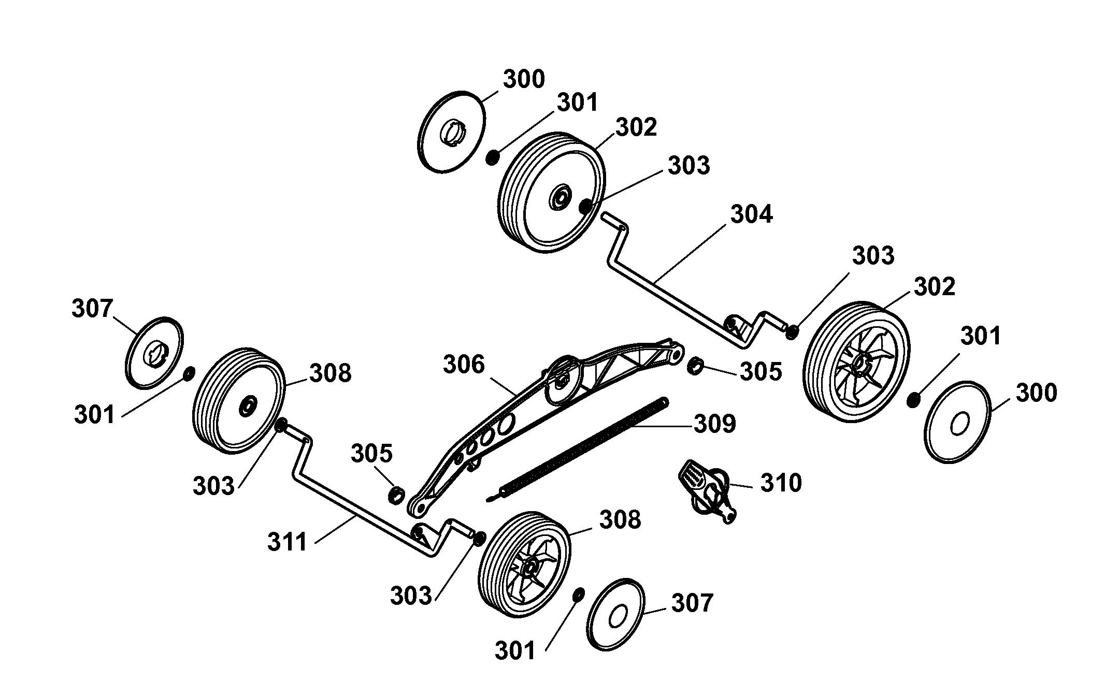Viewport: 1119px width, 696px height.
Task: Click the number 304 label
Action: point(751,214)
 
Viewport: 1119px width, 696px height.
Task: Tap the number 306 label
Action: point(464,365)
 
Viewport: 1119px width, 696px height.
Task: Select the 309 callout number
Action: point(715,424)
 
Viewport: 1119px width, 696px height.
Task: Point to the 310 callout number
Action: point(781,483)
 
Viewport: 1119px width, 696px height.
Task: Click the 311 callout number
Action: point(288,542)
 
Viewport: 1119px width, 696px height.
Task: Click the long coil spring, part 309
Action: point(578,449)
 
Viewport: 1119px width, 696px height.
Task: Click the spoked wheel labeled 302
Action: point(856,362)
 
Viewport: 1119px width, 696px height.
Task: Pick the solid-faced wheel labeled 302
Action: point(551,192)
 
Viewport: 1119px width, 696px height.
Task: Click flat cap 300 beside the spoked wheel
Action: point(958,422)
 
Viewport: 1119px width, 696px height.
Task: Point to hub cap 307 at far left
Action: point(155,353)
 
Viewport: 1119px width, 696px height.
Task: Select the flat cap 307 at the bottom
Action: point(616,614)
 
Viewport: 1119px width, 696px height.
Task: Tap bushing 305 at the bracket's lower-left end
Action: point(396,495)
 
